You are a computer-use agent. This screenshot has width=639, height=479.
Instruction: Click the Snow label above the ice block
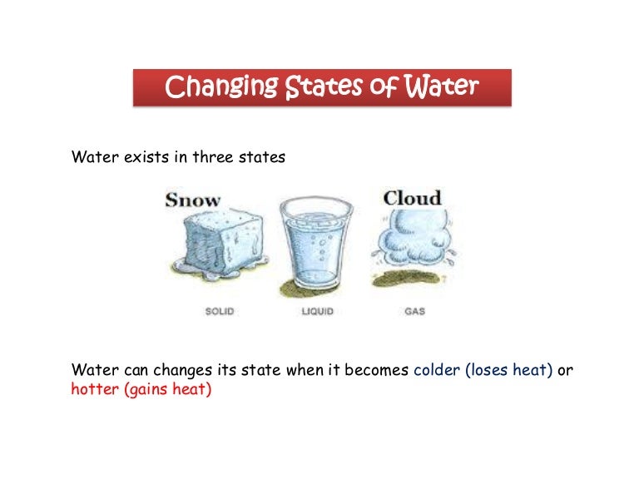pyautogui.click(x=192, y=200)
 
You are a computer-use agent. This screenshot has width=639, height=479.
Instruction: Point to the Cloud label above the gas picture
pyautogui.click(x=411, y=198)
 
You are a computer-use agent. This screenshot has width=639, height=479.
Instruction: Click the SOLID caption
pyautogui.click(x=219, y=311)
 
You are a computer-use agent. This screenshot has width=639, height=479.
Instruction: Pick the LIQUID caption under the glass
pyautogui.click(x=318, y=311)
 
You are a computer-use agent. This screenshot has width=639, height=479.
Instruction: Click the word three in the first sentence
pyautogui.click(x=215, y=157)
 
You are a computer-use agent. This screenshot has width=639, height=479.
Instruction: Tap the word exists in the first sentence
pyautogui.click(x=146, y=157)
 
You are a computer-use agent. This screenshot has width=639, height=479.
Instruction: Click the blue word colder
pyautogui.click(x=437, y=370)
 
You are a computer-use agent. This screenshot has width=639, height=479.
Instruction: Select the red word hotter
pyautogui.click(x=95, y=388)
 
